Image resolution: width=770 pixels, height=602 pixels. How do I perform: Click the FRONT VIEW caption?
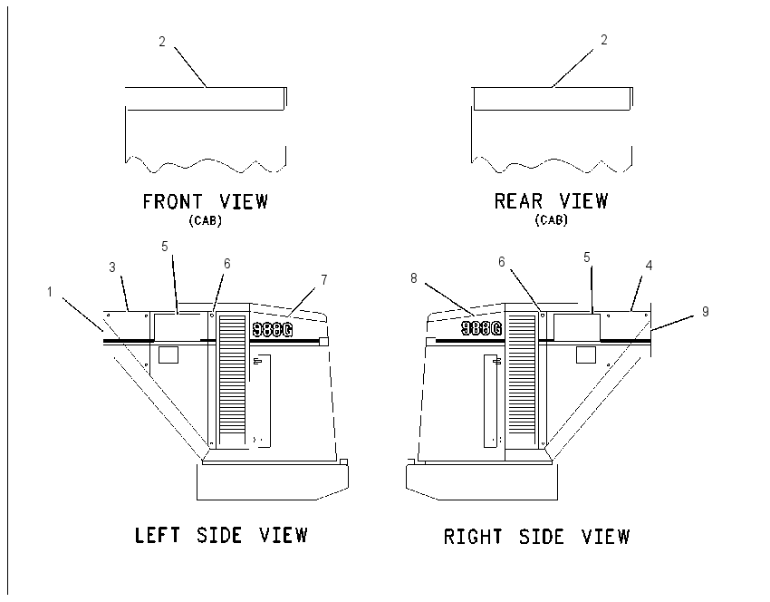[x=206, y=201]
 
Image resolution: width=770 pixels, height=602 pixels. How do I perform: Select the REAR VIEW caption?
[x=551, y=201]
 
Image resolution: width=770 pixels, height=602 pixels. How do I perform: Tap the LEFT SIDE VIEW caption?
[x=221, y=535]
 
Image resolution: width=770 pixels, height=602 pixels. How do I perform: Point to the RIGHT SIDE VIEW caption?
[x=536, y=536]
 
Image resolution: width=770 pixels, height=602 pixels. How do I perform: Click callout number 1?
[x=50, y=292]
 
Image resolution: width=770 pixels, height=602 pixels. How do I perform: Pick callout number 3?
[x=112, y=267]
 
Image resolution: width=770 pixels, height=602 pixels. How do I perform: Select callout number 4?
[x=649, y=266]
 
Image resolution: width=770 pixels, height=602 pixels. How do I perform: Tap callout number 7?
[x=324, y=279]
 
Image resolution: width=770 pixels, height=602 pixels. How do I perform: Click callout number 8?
[x=413, y=278]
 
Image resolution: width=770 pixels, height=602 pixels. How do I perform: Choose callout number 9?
[x=705, y=312]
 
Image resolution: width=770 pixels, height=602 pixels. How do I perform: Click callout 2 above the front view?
[x=162, y=42]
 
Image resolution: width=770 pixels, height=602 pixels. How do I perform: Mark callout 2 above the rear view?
[x=604, y=40]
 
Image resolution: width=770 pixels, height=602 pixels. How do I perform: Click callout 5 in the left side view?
[x=165, y=247]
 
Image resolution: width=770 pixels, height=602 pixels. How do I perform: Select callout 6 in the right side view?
[x=501, y=262]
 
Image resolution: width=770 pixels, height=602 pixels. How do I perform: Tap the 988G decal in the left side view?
[x=273, y=329]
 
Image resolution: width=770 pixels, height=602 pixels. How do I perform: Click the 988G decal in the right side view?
[x=482, y=328]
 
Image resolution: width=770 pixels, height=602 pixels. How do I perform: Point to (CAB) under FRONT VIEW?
[x=206, y=220]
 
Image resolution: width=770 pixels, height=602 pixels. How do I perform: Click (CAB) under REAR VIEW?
[x=551, y=219]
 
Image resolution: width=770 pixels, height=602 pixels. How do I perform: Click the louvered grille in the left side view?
[x=232, y=381]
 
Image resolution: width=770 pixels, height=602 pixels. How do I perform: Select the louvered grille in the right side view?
[x=522, y=381]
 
